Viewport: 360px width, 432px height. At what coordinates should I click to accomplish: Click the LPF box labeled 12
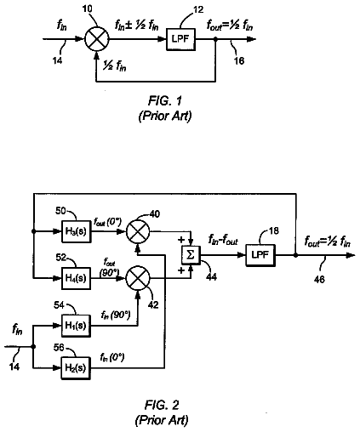tap(180, 39)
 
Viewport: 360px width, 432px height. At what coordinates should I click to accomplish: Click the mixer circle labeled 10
tap(97, 39)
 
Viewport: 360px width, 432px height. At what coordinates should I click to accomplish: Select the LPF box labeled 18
tap(260, 255)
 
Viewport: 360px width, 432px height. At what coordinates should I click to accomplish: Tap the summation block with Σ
tap(191, 255)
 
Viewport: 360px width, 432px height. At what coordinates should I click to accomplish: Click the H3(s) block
tap(77, 231)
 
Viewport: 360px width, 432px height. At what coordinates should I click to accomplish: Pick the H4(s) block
tap(77, 278)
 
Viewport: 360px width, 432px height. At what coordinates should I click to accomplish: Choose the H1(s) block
tap(77, 326)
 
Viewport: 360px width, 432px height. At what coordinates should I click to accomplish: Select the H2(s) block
tap(76, 368)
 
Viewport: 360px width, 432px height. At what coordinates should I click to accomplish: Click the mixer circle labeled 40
tap(138, 231)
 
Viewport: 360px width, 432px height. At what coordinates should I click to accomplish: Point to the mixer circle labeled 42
tap(138, 278)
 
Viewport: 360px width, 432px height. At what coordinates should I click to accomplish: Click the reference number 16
tap(239, 60)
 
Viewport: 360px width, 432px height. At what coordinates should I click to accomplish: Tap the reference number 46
tap(319, 280)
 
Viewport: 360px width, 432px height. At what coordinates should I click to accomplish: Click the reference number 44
tap(211, 276)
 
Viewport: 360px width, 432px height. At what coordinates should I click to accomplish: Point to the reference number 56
tap(59, 347)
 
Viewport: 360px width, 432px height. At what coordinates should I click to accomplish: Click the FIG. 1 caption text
tap(165, 101)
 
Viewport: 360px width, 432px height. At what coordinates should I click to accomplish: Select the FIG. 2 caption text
tap(162, 406)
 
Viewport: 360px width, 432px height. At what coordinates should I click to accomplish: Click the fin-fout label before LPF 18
tap(223, 241)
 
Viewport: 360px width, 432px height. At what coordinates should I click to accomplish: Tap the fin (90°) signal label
tap(116, 315)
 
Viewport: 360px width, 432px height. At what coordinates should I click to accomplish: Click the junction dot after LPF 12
tap(215, 39)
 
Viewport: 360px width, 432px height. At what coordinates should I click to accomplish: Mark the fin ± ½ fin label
tap(136, 26)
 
